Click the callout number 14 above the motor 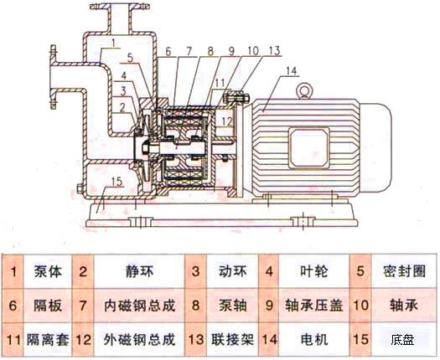tap(292, 71)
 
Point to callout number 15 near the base tap(116, 182)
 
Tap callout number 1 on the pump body tap(113, 44)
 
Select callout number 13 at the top tap(274, 51)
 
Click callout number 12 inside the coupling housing tap(227, 121)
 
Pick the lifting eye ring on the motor tap(304, 90)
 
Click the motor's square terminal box tap(309, 147)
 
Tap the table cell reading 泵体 tap(48, 271)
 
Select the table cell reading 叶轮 tap(313, 271)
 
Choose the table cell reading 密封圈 tap(404, 271)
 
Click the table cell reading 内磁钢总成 tap(139, 306)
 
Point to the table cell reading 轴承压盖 tap(314, 306)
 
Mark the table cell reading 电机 tap(314, 340)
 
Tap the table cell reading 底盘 tap(402, 340)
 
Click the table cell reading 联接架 tap(232, 340)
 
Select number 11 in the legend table tap(13, 340)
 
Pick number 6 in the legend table tap(13, 306)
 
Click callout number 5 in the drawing tap(130, 58)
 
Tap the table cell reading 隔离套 tap(48, 340)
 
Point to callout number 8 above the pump tap(210, 51)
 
